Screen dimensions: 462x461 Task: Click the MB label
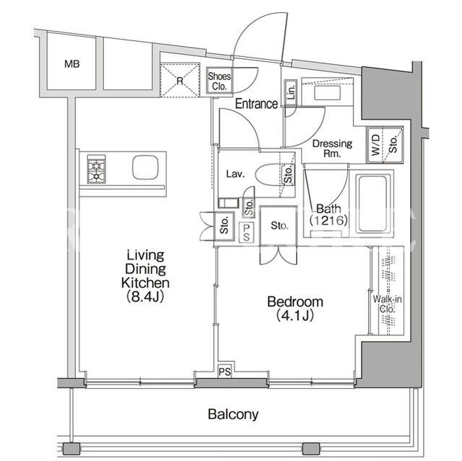pos(72,64)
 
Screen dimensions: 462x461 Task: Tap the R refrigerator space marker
pos(180,80)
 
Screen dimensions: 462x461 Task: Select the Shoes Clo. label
pos(219,82)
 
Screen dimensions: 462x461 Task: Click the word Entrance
pos(256,104)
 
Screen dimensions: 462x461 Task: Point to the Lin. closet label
pos(291,92)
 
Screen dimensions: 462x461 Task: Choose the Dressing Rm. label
pos(332,149)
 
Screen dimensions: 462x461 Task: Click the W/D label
pos(375,145)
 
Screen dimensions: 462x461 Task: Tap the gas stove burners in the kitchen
pos(96,169)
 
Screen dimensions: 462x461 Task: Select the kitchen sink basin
pos(145,167)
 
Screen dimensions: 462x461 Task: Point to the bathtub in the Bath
pos(372,203)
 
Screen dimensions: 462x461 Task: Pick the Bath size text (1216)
pos(328,220)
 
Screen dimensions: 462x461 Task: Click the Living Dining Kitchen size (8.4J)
pos(145,297)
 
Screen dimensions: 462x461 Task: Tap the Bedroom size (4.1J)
pos(295,315)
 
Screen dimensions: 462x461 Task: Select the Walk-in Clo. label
pos(387,304)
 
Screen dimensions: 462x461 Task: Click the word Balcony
pos(233,415)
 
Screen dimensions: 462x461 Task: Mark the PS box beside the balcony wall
pos(225,372)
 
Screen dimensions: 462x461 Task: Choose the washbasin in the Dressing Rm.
pos(327,92)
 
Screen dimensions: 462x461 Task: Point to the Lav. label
pos(235,174)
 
